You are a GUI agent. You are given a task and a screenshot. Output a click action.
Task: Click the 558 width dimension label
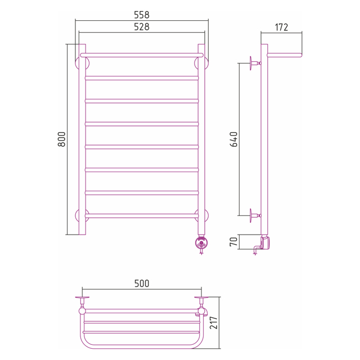point(142,15)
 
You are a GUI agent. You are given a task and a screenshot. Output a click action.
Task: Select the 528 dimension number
point(142,27)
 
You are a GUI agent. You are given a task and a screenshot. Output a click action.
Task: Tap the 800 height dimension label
point(61,139)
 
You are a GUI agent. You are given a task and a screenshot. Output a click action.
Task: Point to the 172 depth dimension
point(281,28)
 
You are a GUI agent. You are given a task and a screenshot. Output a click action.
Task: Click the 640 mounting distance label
point(233,139)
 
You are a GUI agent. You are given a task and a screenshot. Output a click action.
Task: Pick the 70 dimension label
point(233,242)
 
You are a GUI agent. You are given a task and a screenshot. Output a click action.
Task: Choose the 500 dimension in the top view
point(142,283)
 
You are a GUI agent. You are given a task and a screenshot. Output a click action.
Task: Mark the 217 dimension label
point(214,322)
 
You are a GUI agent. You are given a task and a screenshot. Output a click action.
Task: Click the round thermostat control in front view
point(201,243)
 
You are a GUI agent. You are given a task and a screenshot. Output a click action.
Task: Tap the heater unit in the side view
point(265,242)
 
